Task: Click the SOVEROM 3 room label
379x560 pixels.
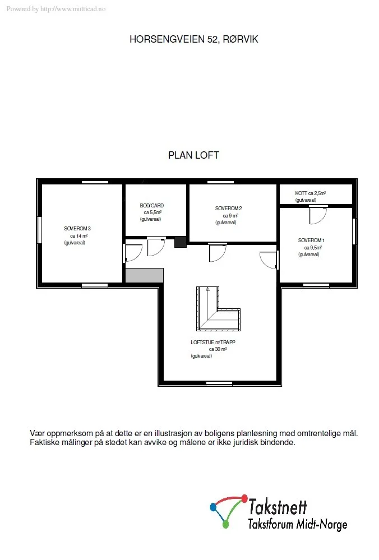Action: pyautogui.click(x=77, y=229)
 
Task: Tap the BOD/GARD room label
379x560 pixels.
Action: pyautogui.click(x=152, y=206)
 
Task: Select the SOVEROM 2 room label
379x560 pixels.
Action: pyautogui.click(x=228, y=208)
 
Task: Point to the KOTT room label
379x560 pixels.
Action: pyautogui.click(x=301, y=193)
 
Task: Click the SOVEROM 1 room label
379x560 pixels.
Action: pyautogui.click(x=311, y=240)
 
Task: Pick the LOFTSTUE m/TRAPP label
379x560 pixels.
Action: pyautogui.click(x=213, y=342)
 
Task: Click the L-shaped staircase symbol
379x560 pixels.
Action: pyautogui.click(x=218, y=309)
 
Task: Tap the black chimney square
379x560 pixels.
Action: pyautogui.click(x=181, y=242)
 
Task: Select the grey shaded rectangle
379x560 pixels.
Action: pyautogui.click(x=144, y=275)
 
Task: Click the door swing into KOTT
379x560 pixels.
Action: pyautogui.click(x=318, y=215)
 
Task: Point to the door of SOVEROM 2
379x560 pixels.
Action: pyautogui.click(x=218, y=253)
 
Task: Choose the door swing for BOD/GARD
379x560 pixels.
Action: pyautogui.click(x=156, y=247)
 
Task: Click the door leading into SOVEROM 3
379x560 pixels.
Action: pyautogui.click(x=133, y=253)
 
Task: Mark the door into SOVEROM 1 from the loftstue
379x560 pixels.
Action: pyautogui.click(x=268, y=260)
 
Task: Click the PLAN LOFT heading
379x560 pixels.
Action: pyautogui.click(x=193, y=155)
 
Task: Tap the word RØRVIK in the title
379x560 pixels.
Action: pyautogui.click(x=241, y=39)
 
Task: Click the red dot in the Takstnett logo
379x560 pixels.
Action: pyautogui.click(x=244, y=497)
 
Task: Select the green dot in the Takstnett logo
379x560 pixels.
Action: pyautogui.click(x=225, y=525)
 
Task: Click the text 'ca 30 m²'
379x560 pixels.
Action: pyautogui.click(x=218, y=349)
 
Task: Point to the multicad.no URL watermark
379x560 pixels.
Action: pyautogui.click(x=73, y=9)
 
